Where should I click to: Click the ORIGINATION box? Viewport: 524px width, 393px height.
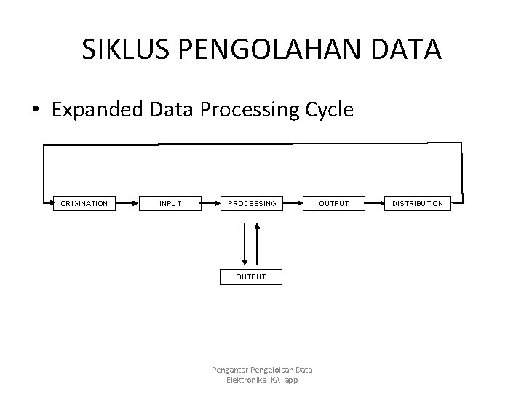[84, 203]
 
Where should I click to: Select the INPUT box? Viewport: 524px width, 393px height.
[170, 203]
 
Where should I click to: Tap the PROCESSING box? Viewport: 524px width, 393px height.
[252, 203]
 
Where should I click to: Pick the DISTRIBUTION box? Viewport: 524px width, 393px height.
[418, 203]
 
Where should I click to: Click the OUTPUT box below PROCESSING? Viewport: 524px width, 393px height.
[251, 277]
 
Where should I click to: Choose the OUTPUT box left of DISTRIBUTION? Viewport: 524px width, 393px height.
[334, 203]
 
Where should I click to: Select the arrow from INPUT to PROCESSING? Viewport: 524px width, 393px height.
[210, 203]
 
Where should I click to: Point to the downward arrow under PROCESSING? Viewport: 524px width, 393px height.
[245, 245]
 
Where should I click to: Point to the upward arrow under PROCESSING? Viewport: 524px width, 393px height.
[257, 245]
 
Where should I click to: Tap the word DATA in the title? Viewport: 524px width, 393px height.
[410, 49]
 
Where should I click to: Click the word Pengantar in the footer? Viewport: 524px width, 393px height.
[231, 370]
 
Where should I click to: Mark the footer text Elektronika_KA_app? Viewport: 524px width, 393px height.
[262, 381]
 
